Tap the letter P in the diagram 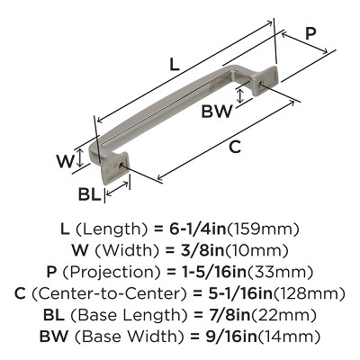(310, 33)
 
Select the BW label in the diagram (217, 112)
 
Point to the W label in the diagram (64, 162)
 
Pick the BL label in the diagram (89, 194)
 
